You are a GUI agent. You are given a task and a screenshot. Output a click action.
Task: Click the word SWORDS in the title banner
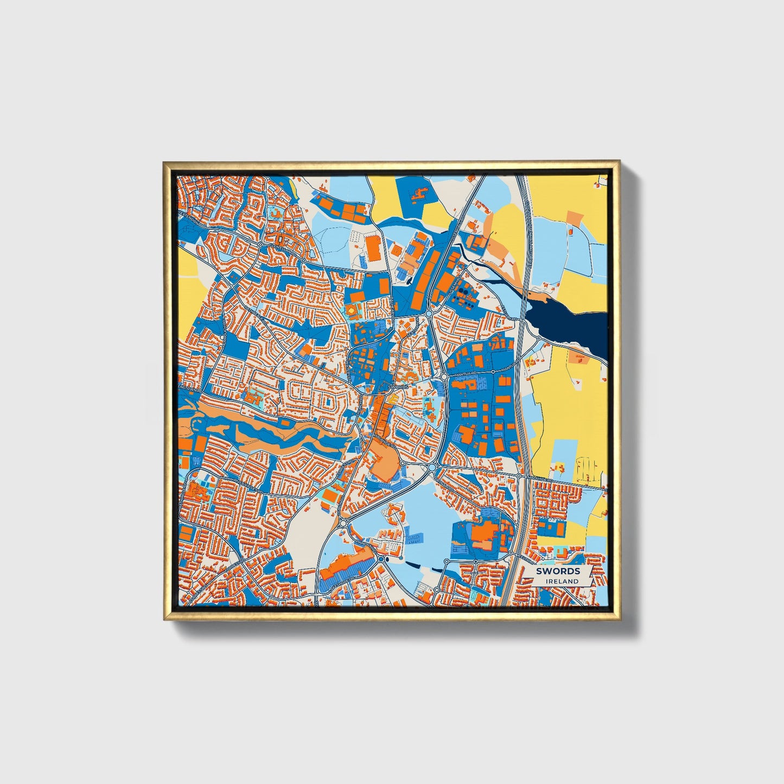(558, 571)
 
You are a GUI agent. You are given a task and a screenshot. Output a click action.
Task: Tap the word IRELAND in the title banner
(563, 581)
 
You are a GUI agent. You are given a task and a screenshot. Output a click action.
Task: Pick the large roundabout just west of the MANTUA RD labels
(444, 375)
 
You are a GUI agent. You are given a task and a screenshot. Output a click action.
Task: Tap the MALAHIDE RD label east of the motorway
(543, 480)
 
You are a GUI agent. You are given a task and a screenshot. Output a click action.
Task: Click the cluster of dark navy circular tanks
(462, 292)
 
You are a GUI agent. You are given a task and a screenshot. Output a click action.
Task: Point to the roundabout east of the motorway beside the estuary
(538, 339)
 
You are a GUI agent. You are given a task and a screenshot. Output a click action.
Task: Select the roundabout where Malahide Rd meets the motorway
(519, 476)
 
